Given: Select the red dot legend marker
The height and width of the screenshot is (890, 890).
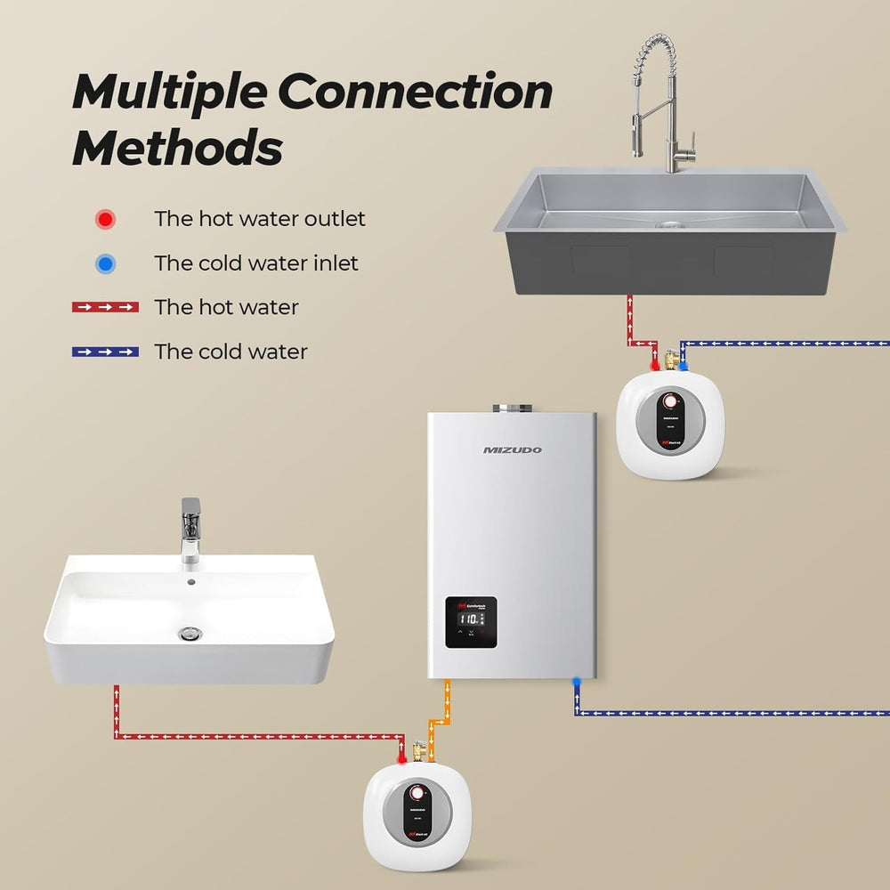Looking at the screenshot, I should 106,219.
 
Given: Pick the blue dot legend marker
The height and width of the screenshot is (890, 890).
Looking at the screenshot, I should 106,263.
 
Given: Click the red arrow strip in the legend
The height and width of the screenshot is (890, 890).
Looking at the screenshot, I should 105,307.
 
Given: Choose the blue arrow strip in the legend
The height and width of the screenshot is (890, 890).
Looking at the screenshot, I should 105,352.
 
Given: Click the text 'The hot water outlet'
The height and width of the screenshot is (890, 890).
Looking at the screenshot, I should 259,219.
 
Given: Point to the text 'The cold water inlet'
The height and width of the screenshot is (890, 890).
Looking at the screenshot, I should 256,263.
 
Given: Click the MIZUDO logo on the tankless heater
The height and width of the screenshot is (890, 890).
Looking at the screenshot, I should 512,450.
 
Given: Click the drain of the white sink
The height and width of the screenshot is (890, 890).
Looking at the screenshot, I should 190,634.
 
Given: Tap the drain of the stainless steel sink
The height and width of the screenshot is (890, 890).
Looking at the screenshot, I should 667,223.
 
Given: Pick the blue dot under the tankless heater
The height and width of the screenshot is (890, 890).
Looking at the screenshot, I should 577,680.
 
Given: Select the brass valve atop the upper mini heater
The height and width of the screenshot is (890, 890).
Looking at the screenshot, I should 670,360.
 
